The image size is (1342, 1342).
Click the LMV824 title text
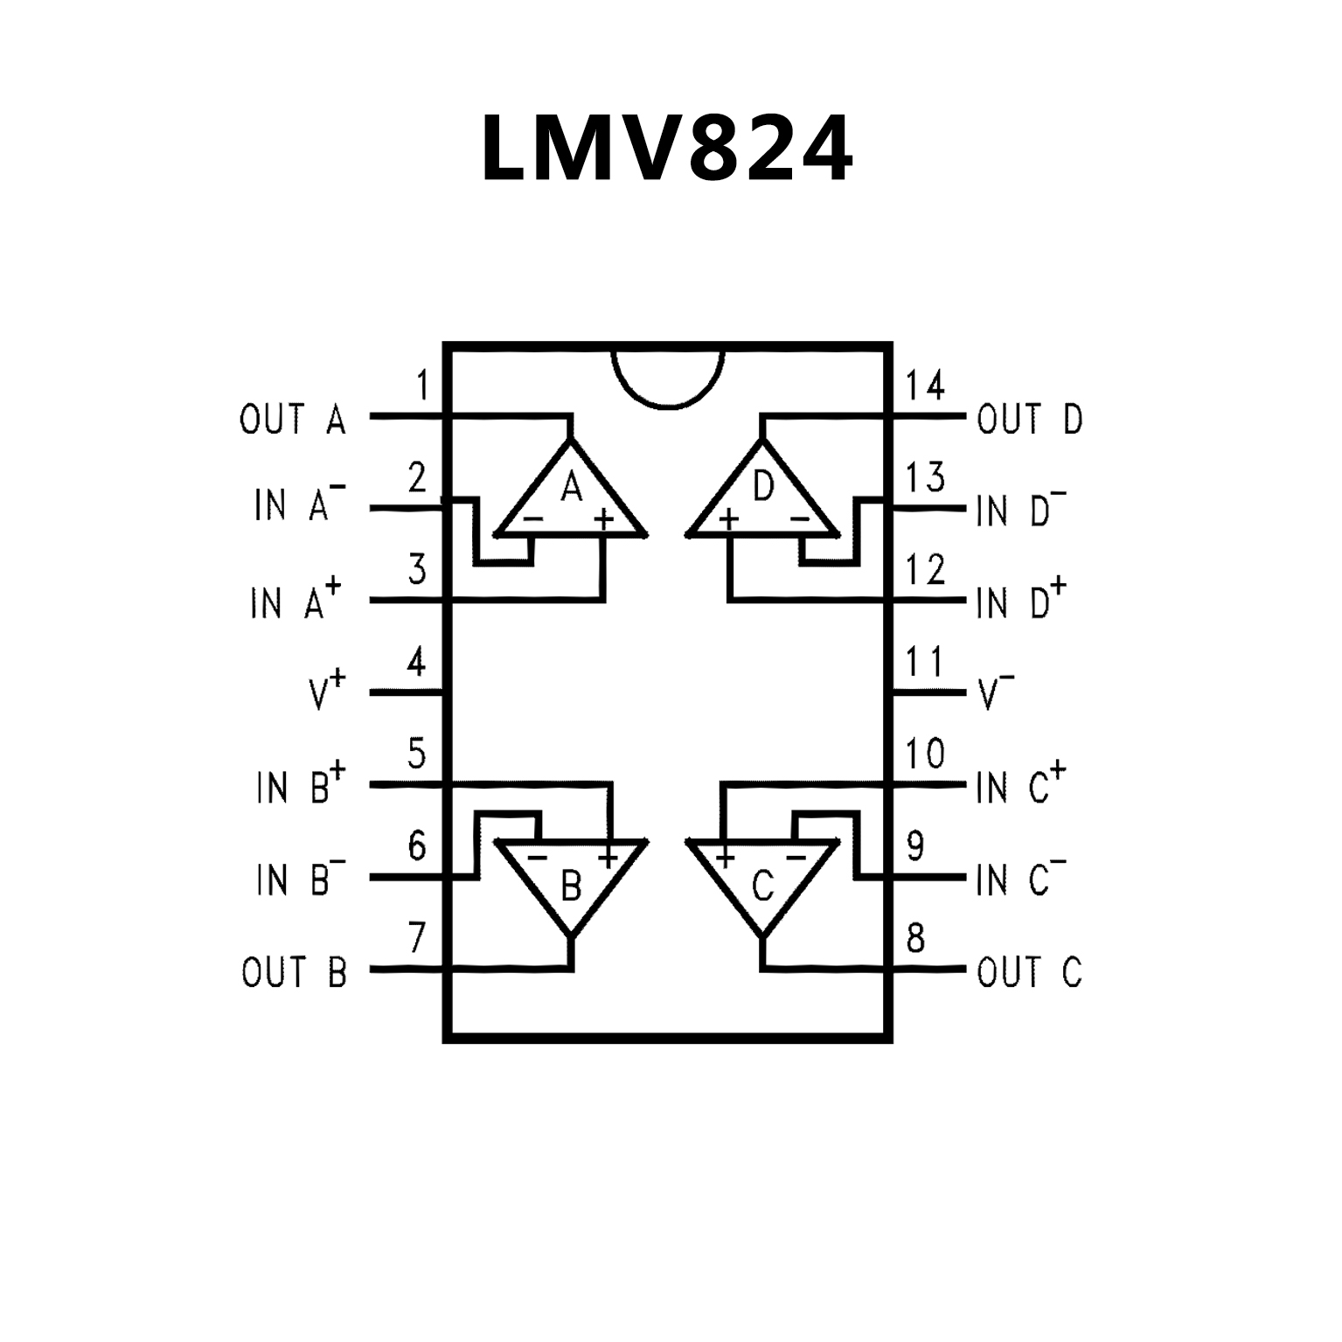coord(666,149)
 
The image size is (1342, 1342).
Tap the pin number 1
coord(423,385)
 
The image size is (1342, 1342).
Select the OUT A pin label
coord(293,420)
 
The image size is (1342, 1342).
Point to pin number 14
coord(925,385)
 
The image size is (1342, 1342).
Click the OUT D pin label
coord(1029,420)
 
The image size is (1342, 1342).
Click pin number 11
coord(925,662)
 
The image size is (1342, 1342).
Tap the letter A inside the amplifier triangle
coord(571,487)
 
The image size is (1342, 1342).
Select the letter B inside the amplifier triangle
coord(571,887)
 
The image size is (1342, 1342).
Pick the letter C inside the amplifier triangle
coord(762,887)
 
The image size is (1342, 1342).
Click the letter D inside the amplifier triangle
coord(763,487)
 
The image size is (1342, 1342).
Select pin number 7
coord(417,938)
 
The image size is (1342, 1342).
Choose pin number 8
coord(915,938)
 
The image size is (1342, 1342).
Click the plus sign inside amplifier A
coord(603,520)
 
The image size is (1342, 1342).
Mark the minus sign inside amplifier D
coord(800,520)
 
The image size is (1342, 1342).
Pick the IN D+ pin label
coord(1021,600)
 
